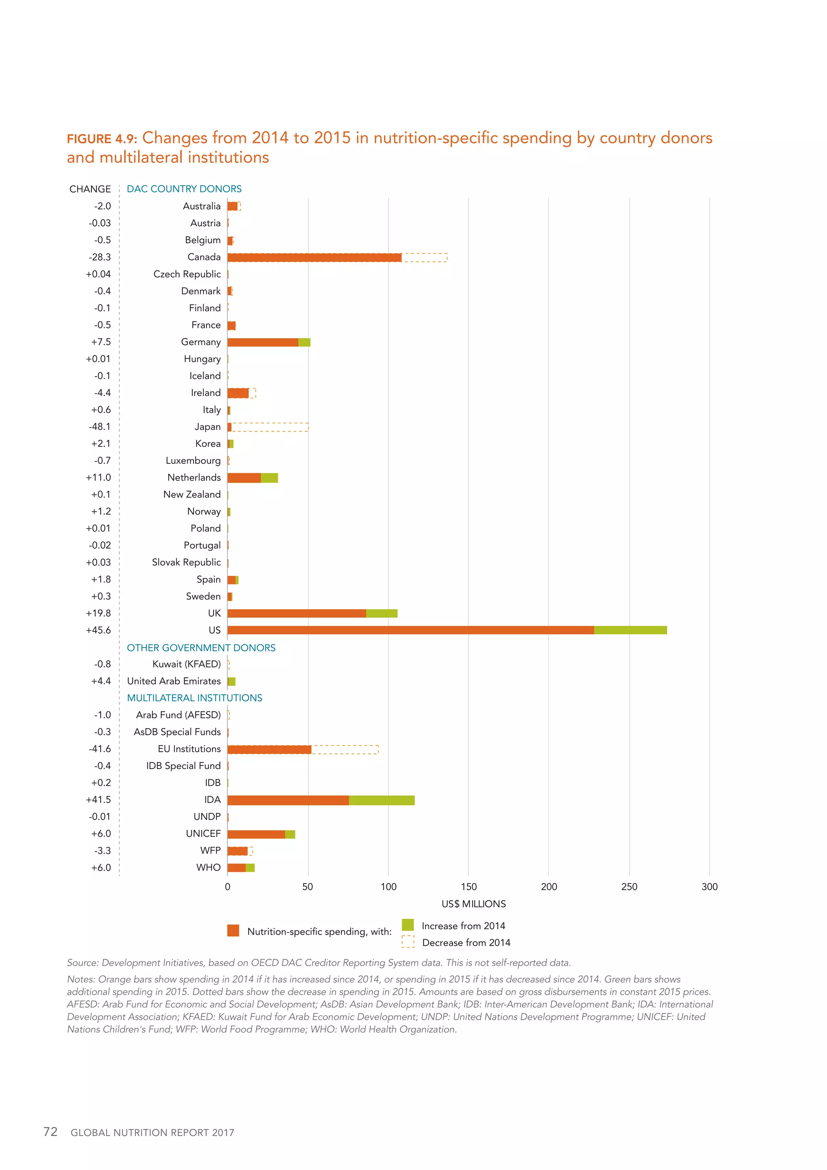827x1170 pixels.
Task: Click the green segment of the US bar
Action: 630,630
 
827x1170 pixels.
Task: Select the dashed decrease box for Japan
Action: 270,427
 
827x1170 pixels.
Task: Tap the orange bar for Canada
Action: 314,257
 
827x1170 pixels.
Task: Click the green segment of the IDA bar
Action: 382,800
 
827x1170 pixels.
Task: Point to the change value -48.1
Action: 100,427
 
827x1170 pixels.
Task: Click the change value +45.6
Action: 98,630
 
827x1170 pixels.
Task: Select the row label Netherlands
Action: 194,478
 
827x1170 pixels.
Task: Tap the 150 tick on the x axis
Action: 468,887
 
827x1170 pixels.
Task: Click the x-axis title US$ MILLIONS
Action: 474,904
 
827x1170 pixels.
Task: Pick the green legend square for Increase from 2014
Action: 407,925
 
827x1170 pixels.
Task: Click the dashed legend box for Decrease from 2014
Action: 407,942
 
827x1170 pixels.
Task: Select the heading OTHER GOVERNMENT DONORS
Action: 201,648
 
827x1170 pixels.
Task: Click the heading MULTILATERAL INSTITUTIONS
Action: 195,698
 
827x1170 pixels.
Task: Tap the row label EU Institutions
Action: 189,749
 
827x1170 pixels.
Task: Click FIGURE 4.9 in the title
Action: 102,139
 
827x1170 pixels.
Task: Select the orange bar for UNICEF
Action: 256,834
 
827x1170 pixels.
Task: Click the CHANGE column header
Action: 90,189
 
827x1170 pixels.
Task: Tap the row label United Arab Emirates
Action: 174,681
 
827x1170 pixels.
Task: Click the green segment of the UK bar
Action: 382,614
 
